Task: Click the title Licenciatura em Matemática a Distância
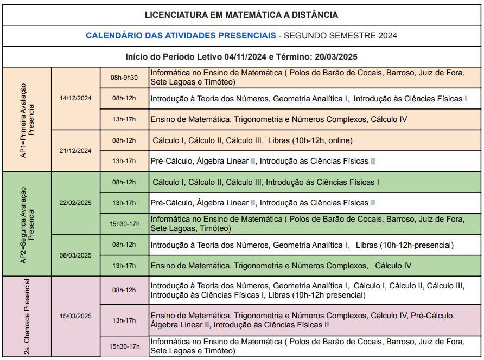click(x=241, y=15)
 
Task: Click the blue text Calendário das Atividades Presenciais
click(x=181, y=36)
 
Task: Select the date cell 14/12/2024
click(x=75, y=98)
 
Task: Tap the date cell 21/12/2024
click(x=75, y=151)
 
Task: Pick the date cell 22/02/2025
click(x=75, y=203)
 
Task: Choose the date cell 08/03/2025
click(x=75, y=255)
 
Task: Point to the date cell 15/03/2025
click(x=75, y=316)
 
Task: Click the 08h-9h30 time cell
click(x=124, y=78)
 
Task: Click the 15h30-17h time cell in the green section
click(x=124, y=223)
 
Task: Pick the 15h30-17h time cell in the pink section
click(x=124, y=346)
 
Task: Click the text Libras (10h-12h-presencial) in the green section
click(x=405, y=245)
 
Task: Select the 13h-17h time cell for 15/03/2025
click(x=124, y=320)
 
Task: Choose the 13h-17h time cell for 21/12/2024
click(x=124, y=161)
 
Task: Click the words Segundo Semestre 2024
click(x=341, y=36)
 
